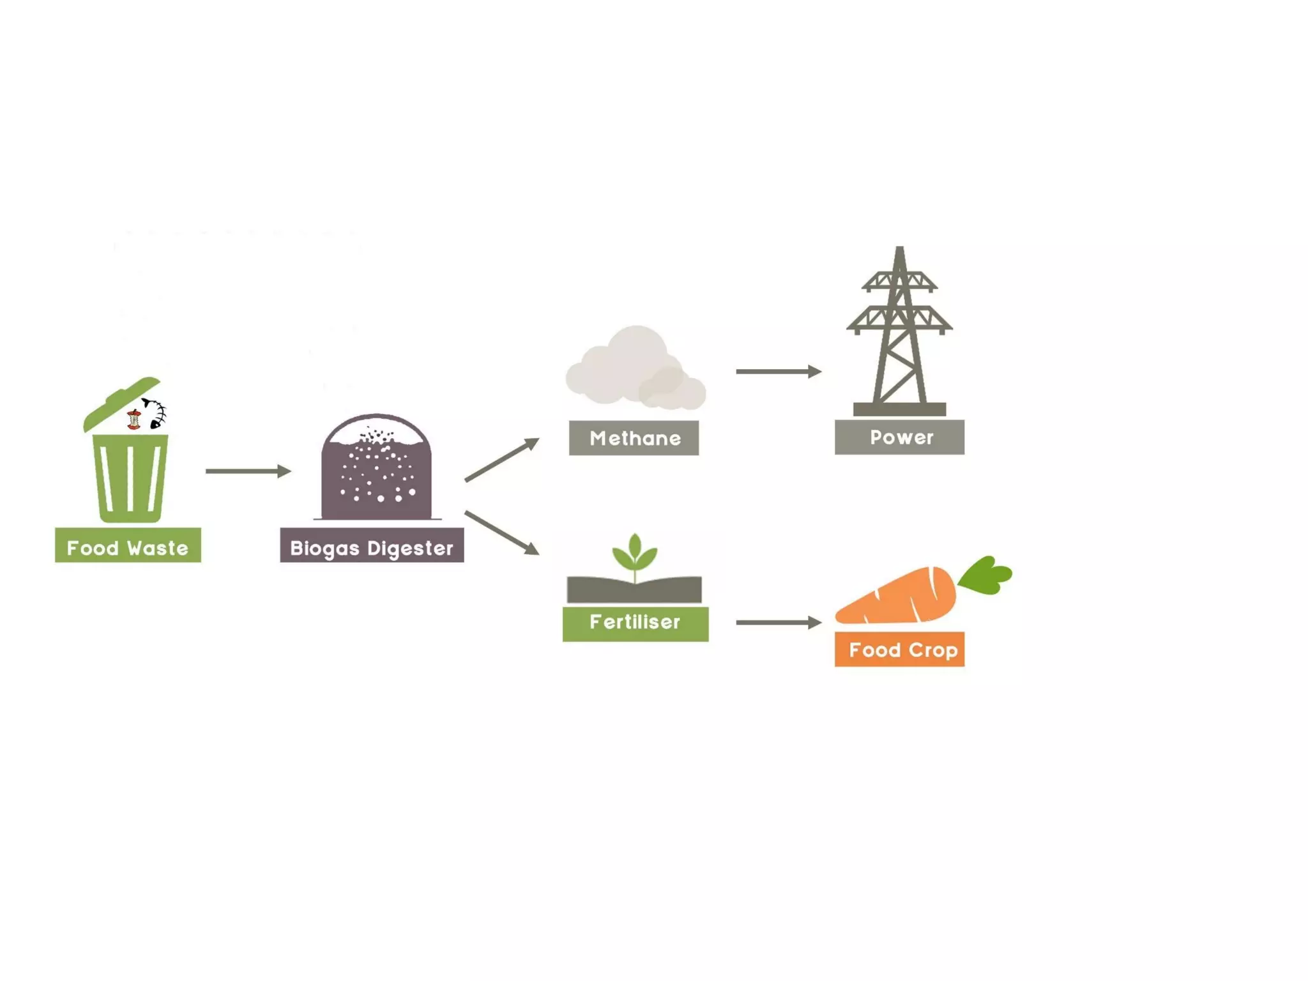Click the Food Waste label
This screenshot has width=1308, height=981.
(128, 545)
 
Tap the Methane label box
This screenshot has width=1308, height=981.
(634, 438)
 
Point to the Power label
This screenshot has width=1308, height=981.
(899, 437)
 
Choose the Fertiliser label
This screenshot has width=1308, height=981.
(635, 623)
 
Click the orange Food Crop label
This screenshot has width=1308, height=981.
(899, 650)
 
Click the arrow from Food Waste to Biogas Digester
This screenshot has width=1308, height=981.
(248, 471)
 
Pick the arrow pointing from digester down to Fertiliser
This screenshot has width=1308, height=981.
(501, 532)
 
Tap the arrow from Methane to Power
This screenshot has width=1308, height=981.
(778, 371)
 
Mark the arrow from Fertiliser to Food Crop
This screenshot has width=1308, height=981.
(778, 622)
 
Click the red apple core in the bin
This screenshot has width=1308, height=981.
(133, 420)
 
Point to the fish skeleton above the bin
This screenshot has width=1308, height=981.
(155, 413)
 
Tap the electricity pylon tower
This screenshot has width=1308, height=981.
(899, 332)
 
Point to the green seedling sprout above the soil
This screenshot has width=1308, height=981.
(634, 553)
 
